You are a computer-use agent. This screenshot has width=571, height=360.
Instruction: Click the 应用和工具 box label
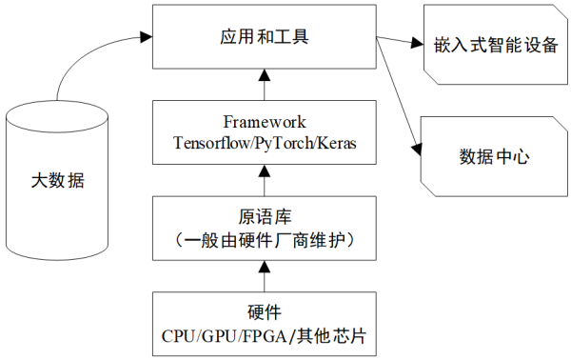coord(264,39)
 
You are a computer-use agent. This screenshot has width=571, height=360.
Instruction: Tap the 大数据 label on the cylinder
coord(57,180)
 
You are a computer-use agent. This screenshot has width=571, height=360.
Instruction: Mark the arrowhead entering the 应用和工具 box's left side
coord(145,37)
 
